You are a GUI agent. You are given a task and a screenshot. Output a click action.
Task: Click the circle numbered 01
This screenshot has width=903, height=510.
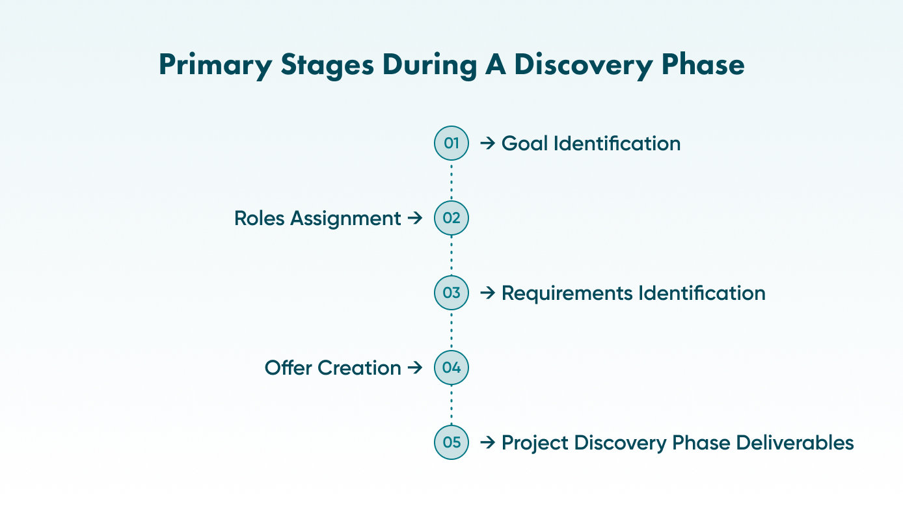click(451, 143)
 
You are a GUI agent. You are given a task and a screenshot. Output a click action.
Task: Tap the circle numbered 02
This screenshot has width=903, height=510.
click(451, 218)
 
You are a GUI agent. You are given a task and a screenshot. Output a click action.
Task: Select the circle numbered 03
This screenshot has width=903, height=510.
click(451, 293)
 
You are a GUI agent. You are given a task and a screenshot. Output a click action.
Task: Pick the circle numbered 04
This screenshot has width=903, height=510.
click(451, 368)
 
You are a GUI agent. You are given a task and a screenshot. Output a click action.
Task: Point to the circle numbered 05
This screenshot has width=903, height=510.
click(451, 442)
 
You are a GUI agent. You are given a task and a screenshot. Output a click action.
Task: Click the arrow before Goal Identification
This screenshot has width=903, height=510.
click(487, 143)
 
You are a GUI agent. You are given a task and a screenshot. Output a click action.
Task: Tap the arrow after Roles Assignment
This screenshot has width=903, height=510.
click(415, 218)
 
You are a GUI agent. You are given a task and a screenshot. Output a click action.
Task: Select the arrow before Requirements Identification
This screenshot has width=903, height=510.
click(487, 293)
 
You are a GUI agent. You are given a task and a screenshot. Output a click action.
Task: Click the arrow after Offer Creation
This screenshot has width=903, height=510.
click(415, 368)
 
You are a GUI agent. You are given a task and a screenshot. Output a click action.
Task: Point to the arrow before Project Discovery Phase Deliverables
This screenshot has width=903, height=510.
click(487, 442)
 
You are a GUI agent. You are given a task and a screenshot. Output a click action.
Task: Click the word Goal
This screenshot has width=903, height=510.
click(524, 143)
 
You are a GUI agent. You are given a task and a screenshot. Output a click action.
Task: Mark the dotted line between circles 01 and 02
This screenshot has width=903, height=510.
click(451, 181)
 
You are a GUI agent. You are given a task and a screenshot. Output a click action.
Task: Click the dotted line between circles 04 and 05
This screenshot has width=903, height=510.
click(451, 405)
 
